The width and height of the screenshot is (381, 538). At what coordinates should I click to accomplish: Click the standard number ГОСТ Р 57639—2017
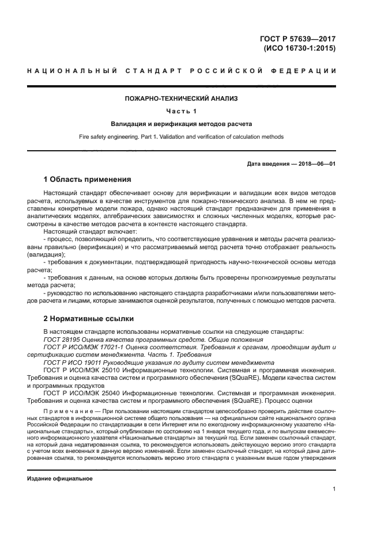(299, 39)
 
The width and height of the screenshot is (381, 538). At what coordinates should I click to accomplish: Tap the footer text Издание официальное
(60, 479)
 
